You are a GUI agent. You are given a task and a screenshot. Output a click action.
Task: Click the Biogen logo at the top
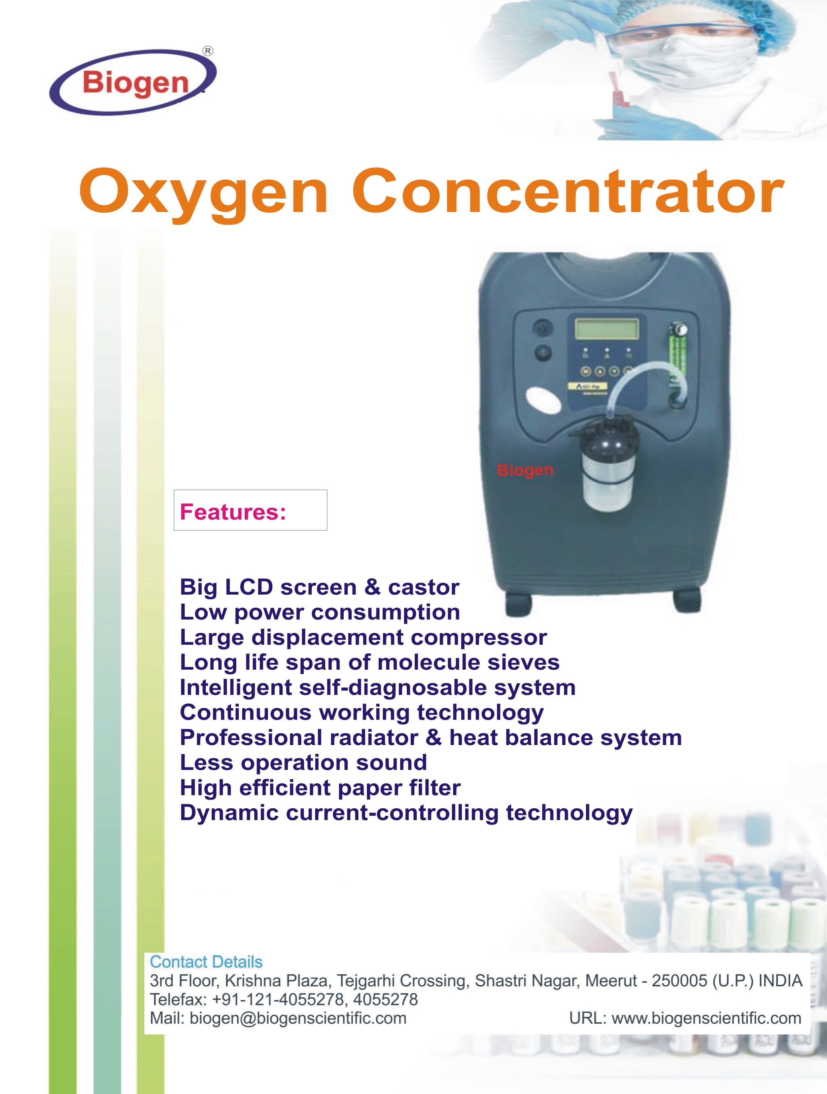point(133,82)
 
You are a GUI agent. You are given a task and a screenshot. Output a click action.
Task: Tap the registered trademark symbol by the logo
point(208,50)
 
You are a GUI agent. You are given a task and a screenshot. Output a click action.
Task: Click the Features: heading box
point(250,510)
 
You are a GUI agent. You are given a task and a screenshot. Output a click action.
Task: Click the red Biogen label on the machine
point(525,470)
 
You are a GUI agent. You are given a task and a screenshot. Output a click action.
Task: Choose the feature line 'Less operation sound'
point(303,763)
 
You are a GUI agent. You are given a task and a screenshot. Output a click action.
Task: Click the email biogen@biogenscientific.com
point(298,1018)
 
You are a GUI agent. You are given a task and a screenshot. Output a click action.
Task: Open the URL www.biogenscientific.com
point(706,1018)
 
